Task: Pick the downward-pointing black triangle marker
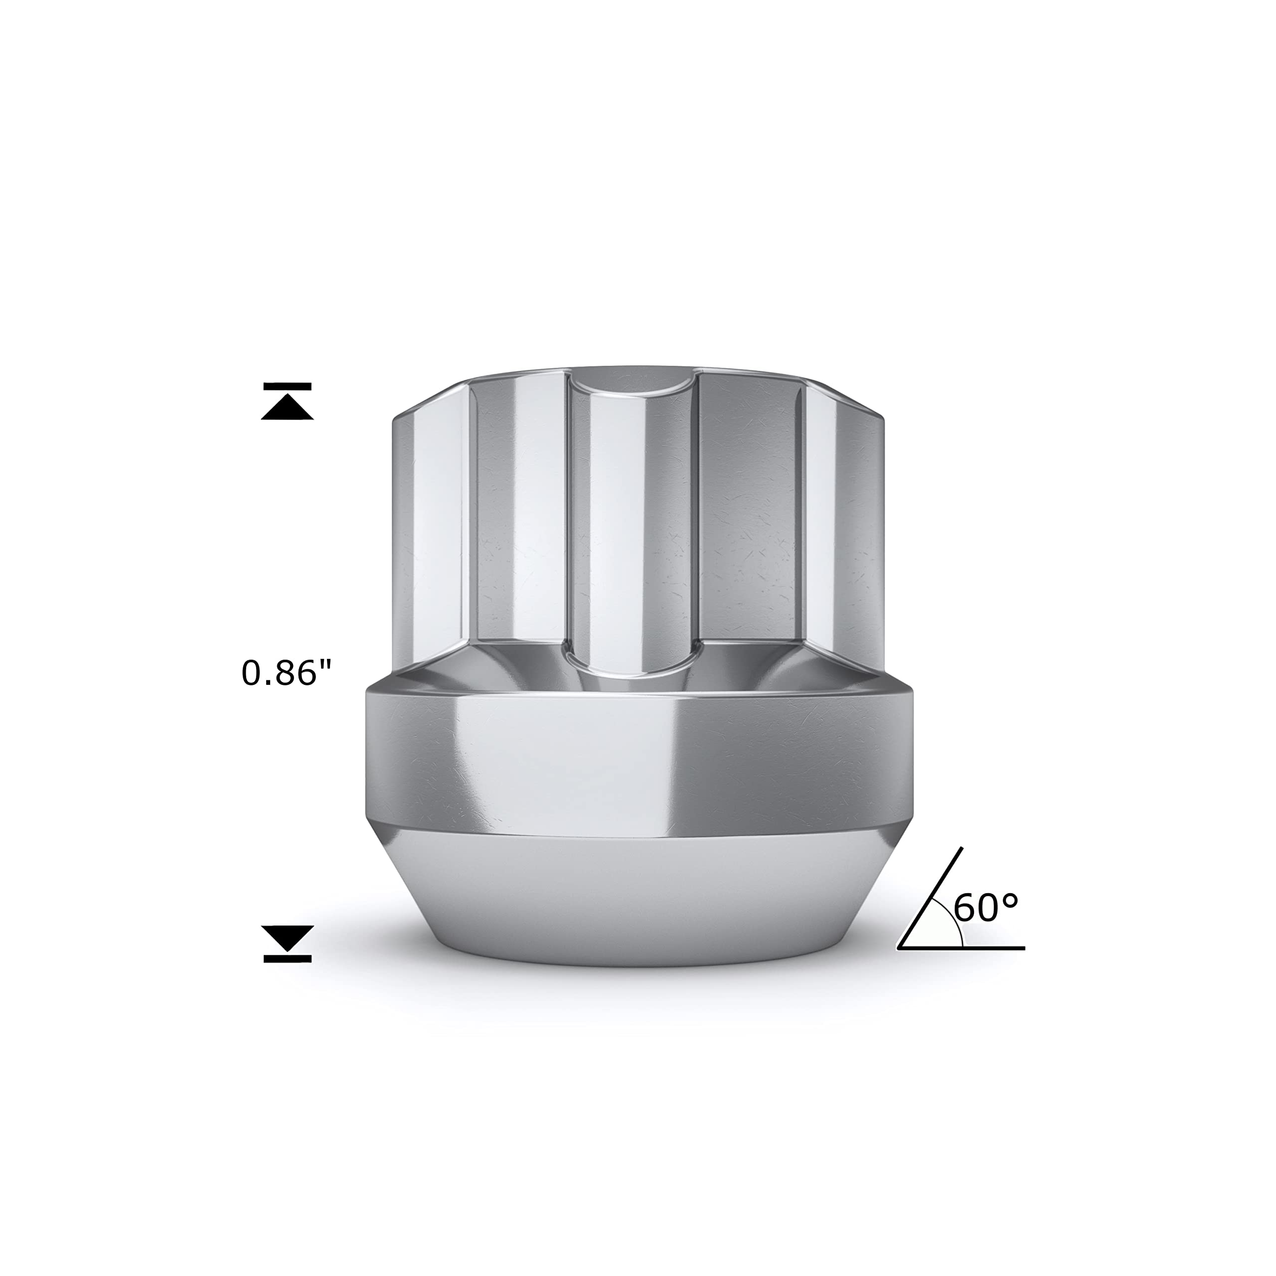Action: click(287, 938)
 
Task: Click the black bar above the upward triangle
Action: click(287, 386)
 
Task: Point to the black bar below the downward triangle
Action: click(287, 958)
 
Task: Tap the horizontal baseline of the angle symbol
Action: click(961, 948)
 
